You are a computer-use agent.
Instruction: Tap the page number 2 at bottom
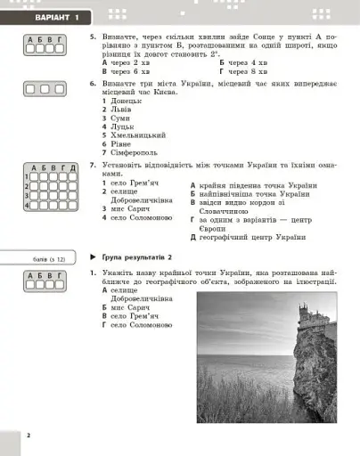tap(29, 435)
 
